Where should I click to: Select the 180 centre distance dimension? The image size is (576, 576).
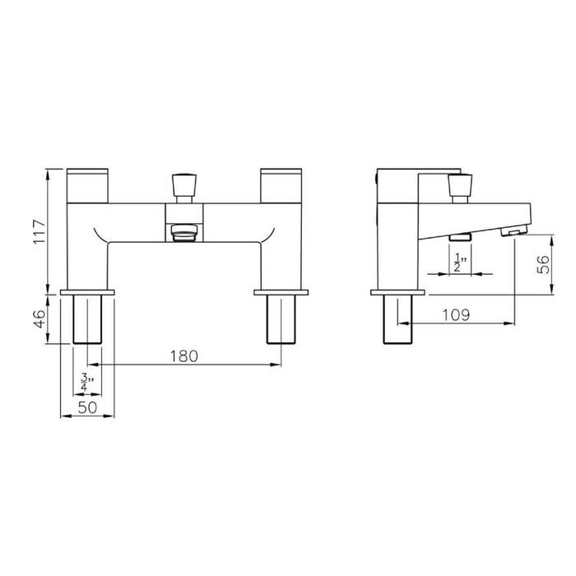[184, 355]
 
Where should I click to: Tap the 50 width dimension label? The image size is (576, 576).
[88, 406]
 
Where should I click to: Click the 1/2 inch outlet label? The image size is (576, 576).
[458, 262]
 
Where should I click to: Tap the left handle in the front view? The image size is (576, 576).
[88, 185]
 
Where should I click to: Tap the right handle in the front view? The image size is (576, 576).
[281, 185]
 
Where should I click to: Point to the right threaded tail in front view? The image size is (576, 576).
[281, 319]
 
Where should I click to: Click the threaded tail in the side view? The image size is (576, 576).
[398, 319]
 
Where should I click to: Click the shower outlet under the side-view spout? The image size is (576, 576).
[459, 237]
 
